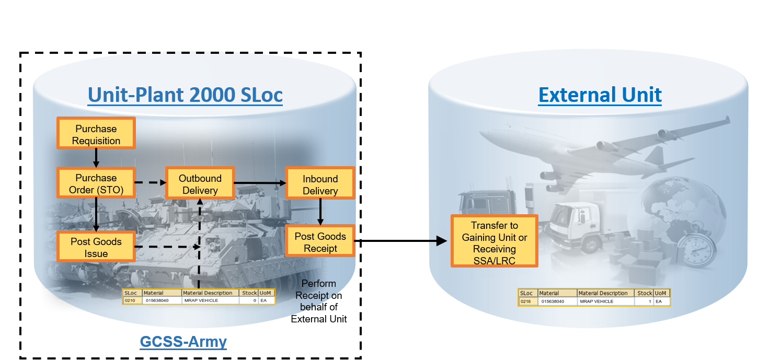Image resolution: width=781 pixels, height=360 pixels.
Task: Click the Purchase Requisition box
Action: [x=96, y=135]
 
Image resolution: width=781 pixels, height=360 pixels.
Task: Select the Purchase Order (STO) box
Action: [x=96, y=183]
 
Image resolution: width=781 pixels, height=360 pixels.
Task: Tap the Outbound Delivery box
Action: [x=200, y=184]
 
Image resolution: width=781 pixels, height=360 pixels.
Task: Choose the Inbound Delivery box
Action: [x=320, y=185]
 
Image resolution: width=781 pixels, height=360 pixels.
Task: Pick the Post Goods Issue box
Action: [x=96, y=247]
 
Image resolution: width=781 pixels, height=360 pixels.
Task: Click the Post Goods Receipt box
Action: [x=320, y=242]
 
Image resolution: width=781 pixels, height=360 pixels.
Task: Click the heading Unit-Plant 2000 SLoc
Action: [x=185, y=95]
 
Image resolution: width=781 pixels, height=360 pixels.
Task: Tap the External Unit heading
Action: [x=600, y=95]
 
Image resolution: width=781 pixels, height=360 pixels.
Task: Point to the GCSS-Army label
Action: [x=183, y=342]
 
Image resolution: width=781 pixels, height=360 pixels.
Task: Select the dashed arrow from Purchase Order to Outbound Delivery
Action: [x=150, y=183]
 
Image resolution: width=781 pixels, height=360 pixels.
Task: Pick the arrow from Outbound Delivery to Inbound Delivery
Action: [x=260, y=183]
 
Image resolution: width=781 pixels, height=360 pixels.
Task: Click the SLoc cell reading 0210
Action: [x=130, y=301]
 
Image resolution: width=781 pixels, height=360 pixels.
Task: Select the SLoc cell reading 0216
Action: [x=526, y=301]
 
